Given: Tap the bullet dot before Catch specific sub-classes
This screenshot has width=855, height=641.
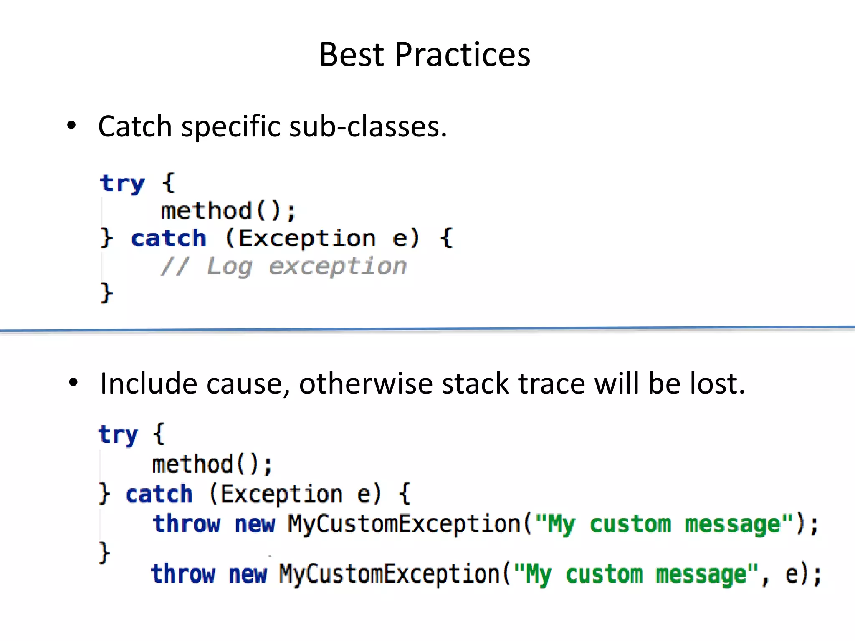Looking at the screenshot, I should coord(72,125).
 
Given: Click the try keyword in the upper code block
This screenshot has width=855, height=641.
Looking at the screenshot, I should coord(122,184).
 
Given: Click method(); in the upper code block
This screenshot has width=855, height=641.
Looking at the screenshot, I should coord(228,211).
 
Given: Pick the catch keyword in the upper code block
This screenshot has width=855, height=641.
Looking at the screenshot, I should coord(169,239).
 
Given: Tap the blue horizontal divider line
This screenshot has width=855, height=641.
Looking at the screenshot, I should coord(427,329).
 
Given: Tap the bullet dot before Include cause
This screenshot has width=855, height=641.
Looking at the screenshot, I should coord(73,382).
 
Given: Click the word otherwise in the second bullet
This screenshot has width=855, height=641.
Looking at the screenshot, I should coord(366,384).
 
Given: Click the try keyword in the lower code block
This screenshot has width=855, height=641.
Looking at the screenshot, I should coord(118,435).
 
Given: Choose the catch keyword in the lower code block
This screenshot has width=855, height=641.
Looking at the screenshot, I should coord(159,495).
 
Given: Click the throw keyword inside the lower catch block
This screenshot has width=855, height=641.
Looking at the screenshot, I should coord(187,524).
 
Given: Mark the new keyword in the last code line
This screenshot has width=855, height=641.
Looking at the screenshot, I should coord(248,574).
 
